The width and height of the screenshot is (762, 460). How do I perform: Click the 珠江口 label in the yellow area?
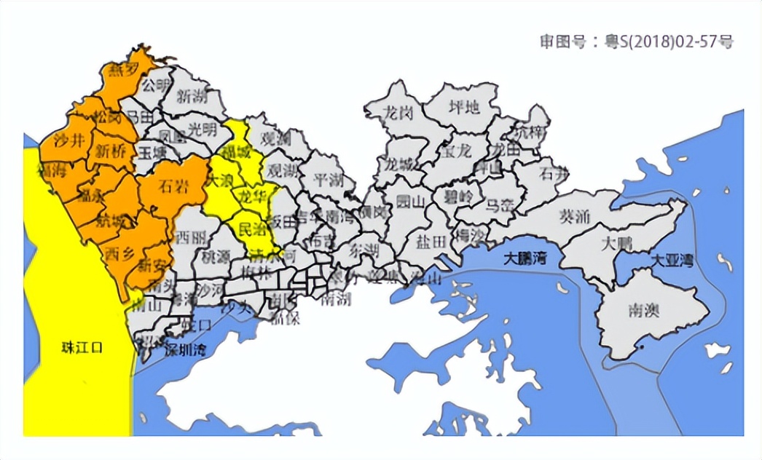coord(82,347)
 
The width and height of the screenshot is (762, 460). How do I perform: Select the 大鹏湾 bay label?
coord(530,258)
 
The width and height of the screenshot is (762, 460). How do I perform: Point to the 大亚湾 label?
coord(671,260)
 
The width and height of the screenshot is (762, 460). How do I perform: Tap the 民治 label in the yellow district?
coord(252,228)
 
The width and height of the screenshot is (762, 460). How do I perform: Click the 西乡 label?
coord(119,254)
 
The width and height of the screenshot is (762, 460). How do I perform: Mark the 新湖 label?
coord(192,95)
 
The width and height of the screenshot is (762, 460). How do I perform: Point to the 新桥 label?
coord(110,151)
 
